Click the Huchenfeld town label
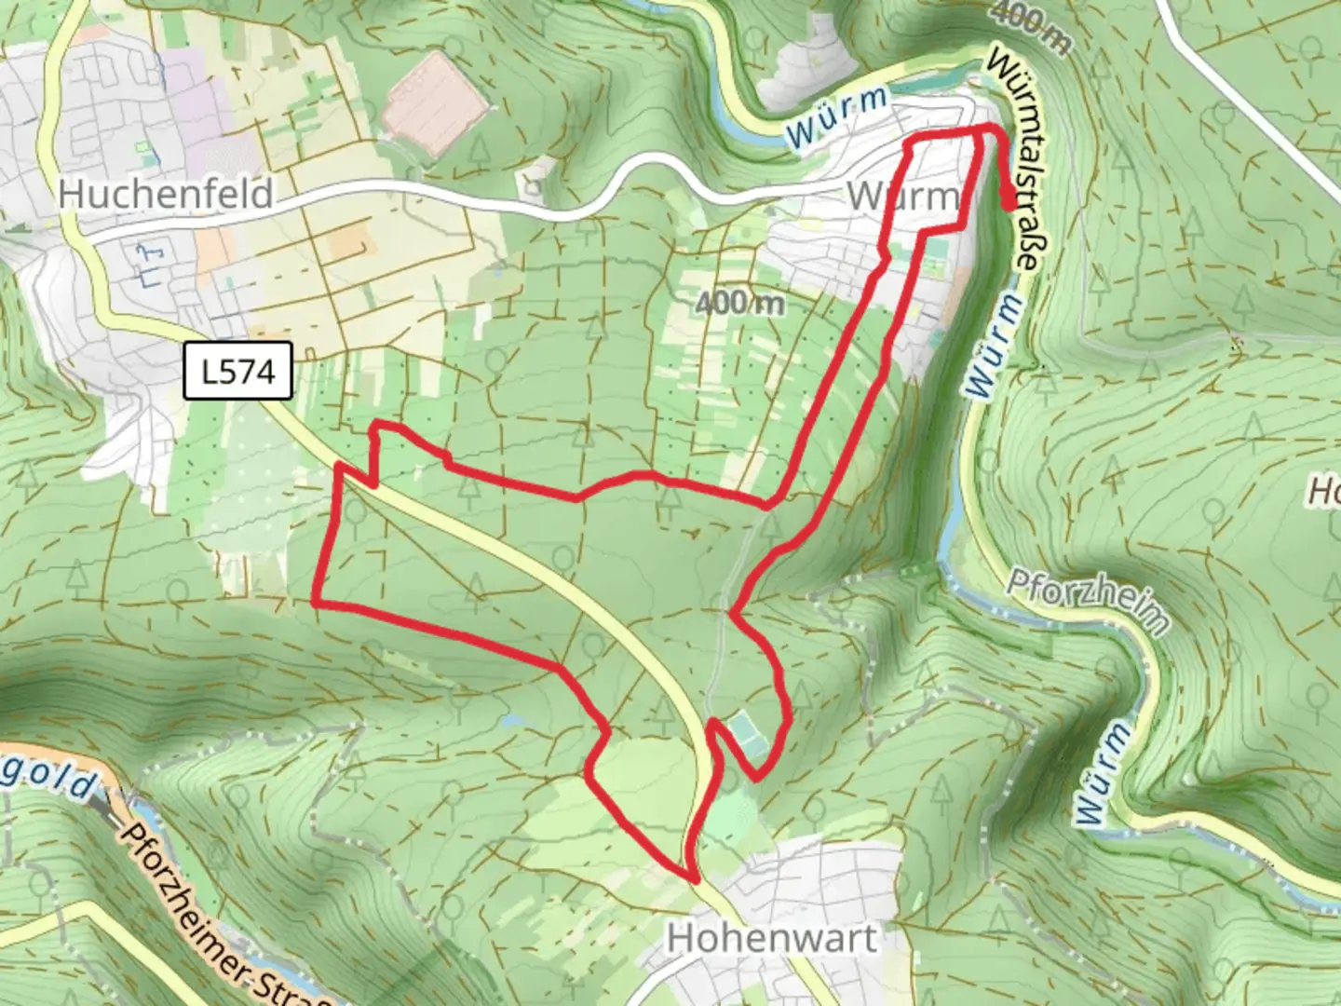pos(166,194)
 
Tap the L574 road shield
pos(238,372)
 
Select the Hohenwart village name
pos(772,938)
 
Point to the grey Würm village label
pos(902,197)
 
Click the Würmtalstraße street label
pos(1014,158)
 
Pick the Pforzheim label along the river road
pos(1088,602)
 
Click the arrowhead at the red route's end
pos(1009,199)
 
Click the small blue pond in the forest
pos(509,720)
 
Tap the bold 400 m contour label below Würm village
pos(739,302)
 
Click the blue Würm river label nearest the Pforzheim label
pos(1106,772)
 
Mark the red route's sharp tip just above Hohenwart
pos(693,877)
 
